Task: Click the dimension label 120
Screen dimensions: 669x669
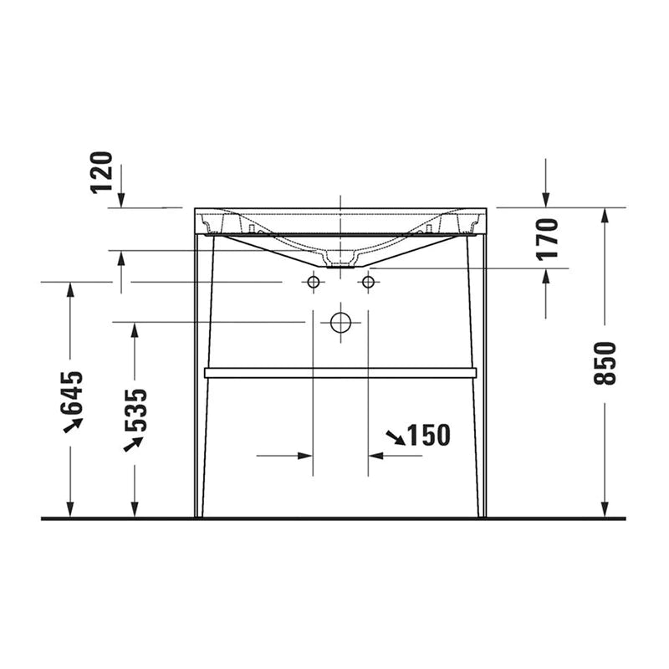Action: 101,171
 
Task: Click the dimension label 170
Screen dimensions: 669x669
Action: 548,238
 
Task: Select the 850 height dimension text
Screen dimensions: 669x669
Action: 605,363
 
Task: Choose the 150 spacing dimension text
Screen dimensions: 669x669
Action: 428,435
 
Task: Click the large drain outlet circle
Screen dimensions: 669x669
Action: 340,322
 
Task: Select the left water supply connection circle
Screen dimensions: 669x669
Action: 314,283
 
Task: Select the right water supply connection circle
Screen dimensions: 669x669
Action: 367,283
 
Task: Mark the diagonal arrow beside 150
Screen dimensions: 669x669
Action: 395,437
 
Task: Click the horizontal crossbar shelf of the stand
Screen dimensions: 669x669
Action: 340,373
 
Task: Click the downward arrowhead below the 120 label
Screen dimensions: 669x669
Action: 121,200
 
